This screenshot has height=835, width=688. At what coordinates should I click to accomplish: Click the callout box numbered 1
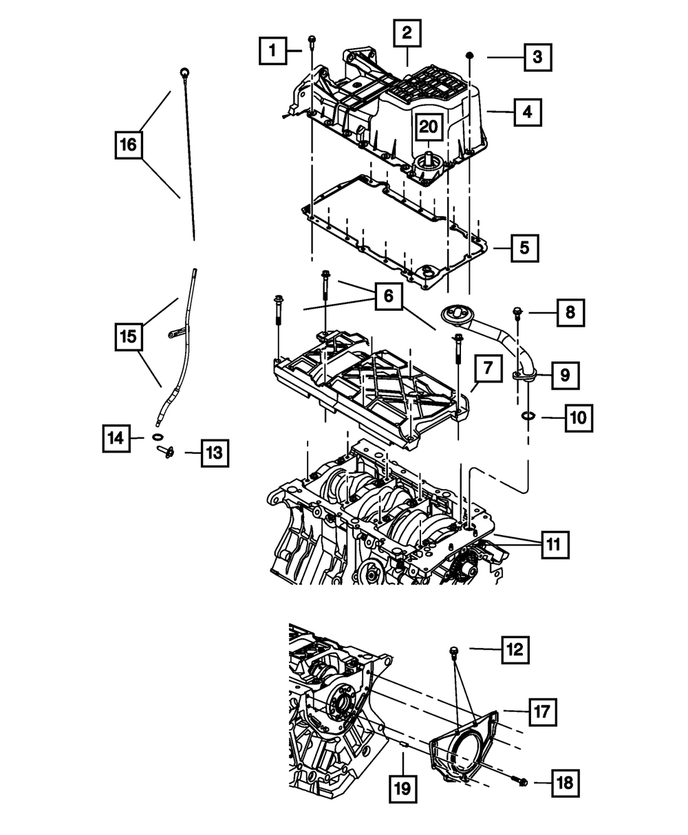[273, 50]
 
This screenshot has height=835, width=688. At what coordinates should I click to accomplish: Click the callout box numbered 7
[486, 369]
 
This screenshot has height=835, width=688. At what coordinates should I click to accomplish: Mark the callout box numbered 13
[215, 453]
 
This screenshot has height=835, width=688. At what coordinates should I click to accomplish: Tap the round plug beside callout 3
[469, 54]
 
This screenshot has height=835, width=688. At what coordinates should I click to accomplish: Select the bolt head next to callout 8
[517, 314]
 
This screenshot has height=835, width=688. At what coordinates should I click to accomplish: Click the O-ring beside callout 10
[528, 416]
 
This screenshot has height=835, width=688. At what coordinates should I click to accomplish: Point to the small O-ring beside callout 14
[158, 437]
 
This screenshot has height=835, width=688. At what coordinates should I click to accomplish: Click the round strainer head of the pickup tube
[453, 314]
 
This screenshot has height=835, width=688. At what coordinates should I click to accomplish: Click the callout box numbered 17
[541, 710]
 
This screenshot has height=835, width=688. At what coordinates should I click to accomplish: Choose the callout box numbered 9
[564, 375]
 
